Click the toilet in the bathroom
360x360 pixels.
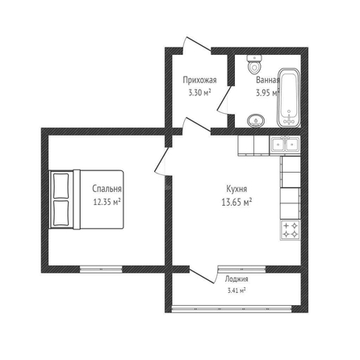254,65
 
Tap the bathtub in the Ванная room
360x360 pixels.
288,98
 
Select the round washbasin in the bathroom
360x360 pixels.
256,120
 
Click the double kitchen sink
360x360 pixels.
285,144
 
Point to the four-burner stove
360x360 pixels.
291,230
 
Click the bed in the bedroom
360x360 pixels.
86,199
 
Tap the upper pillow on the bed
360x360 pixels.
61,186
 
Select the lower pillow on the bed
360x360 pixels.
61,213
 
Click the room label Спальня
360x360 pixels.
107,189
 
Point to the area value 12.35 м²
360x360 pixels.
107,202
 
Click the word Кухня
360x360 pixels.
237,189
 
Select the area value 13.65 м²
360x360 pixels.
237,202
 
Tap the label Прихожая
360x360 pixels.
199,80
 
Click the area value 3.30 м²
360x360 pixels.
199,93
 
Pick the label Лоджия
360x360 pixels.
237,279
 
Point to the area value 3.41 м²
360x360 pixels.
236,291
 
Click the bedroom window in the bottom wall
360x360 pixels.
101,269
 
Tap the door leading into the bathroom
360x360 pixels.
225,100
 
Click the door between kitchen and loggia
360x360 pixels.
203,275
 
